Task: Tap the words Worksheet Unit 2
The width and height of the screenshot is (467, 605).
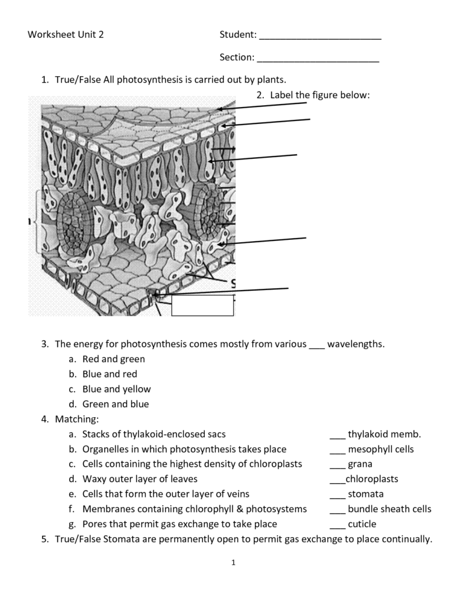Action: (x=66, y=34)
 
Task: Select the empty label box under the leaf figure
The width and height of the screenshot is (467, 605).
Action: (x=203, y=305)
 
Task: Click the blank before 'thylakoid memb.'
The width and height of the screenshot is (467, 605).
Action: (x=337, y=435)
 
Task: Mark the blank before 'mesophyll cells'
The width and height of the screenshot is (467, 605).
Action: (x=337, y=450)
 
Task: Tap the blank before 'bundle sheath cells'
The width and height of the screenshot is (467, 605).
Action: (x=337, y=510)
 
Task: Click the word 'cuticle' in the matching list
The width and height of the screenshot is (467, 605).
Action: (x=362, y=523)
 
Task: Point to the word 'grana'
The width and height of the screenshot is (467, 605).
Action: (x=360, y=464)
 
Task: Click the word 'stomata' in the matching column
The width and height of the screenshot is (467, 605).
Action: (x=365, y=494)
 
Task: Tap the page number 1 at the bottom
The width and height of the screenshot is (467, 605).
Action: (x=234, y=562)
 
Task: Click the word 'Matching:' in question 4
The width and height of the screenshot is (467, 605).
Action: (x=77, y=419)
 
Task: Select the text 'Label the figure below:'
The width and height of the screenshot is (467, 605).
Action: (x=319, y=95)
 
